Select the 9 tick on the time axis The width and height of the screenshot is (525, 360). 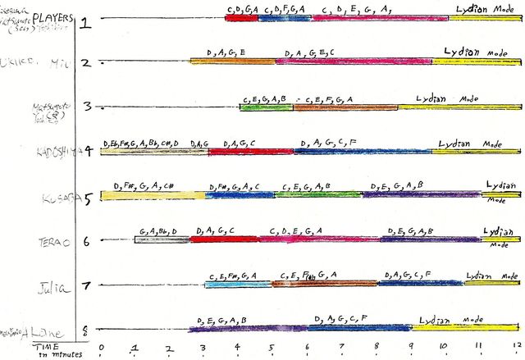click(x=410, y=348)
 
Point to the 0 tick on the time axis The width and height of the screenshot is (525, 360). click(x=101, y=348)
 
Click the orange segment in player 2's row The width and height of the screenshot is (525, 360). click(x=231, y=61)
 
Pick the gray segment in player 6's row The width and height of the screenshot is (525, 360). click(x=162, y=239)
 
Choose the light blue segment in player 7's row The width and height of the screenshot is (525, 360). click(x=238, y=285)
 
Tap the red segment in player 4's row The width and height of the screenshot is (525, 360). click(x=250, y=151)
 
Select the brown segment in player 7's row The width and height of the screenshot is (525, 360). click(x=324, y=284)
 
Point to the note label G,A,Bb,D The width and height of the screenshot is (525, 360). click(x=157, y=230)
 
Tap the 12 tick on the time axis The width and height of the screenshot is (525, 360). click(x=516, y=348)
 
